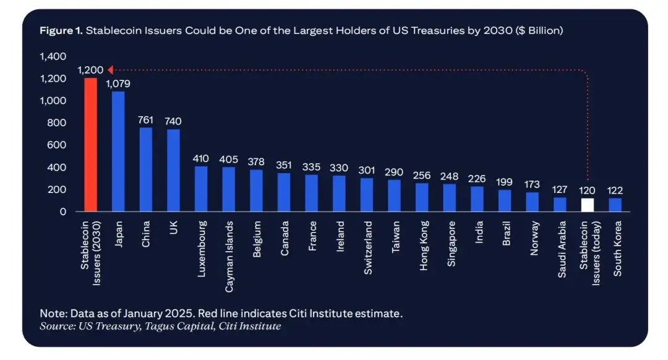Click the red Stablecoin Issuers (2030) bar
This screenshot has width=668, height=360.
[90, 145]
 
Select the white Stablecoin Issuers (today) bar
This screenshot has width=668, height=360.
[588, 205]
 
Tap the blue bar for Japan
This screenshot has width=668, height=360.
[118, 152]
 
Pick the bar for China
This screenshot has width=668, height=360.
[146, 169]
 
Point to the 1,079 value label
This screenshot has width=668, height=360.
[119, 84]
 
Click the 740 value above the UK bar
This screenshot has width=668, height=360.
[173, 121]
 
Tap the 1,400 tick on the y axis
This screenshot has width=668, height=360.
[53, 56]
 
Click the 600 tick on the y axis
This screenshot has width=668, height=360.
[57, 145]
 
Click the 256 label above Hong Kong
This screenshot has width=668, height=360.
[422, 175]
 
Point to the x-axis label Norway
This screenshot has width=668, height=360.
[533, 239]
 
